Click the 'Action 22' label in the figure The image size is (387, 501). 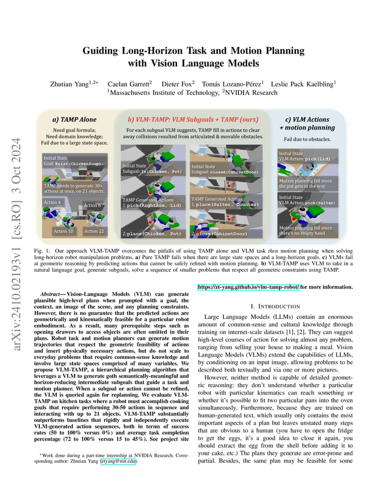pyautogui.click(x=93, y=231)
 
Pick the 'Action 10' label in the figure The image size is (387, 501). pyautogui.click(x=63, y=231)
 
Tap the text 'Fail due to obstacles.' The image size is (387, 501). pyautogui.click(x=307, y=139)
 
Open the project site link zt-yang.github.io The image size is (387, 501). pyautogui.click(x=249, y=286)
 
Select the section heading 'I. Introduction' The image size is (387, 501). pyautogui.click(x=275, y=306)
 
